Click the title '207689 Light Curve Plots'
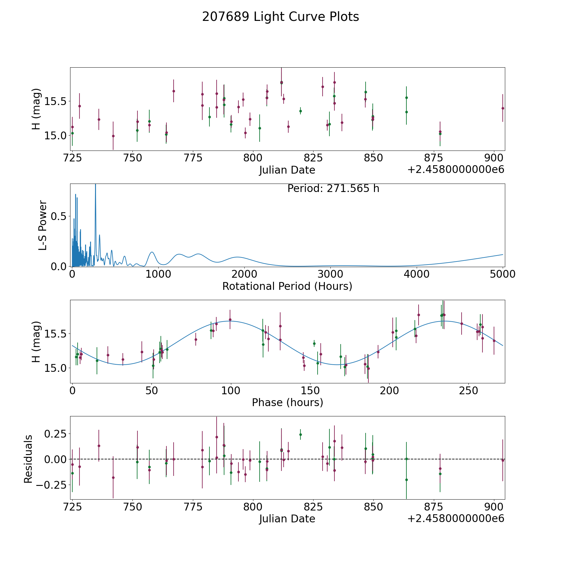click(x=280, y=17)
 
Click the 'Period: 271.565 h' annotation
click(x=333, y=189)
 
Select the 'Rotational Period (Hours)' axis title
click(x=287, y=286)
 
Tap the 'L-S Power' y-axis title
click(x=43, y=225)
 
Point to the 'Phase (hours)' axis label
click(x=287, y=402)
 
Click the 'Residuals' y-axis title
click(x=28, y=459)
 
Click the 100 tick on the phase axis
click(x=231, y=391)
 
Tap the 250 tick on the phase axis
click(x=468, y=391)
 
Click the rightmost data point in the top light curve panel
click(x=502, y=108)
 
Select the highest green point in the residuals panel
click(x=300, y=434)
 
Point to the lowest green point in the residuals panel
click(x=406, y=480)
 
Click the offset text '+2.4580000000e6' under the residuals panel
click(x=456, y=519)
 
